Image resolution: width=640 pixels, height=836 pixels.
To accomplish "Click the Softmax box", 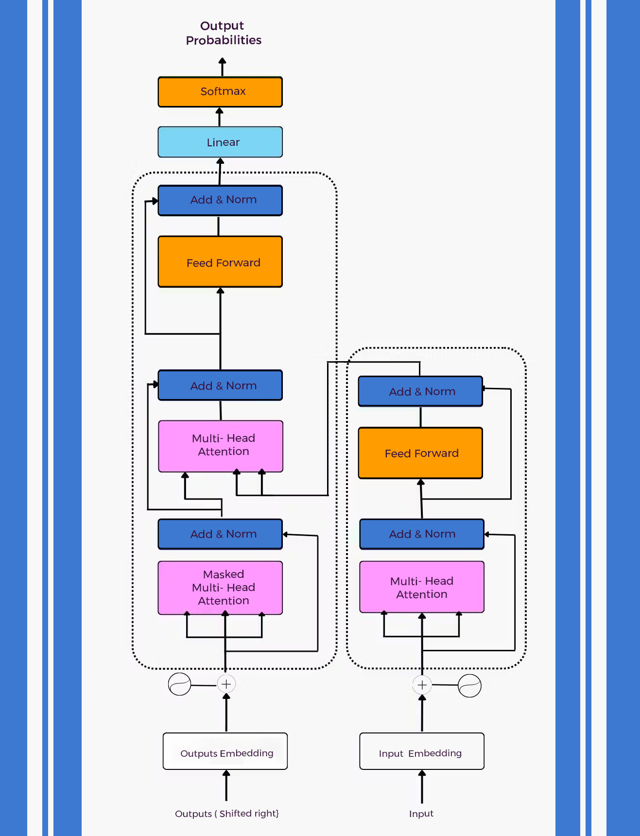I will (220, 91).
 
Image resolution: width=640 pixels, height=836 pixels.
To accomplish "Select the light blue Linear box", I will (220, 142).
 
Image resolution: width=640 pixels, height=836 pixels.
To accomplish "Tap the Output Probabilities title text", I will (223, 33).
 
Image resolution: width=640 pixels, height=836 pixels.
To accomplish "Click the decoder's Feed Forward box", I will (220, 262).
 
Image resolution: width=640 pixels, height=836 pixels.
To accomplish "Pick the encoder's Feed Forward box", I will (420, 453).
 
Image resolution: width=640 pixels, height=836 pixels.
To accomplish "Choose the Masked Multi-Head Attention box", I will (220, 588).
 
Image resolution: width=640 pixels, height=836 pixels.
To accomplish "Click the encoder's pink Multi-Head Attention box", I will (421, 587).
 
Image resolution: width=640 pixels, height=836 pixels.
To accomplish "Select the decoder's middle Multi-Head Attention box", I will (221, 445).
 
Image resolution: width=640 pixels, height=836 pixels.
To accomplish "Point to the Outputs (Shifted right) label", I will (226, 814).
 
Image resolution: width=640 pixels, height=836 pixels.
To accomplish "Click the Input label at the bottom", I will (421, 814).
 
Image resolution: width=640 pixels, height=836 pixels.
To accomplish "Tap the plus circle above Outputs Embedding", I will (226, 684).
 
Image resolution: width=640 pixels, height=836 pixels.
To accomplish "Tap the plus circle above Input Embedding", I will (422, 685).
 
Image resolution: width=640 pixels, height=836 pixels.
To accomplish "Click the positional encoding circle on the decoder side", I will (179, 684).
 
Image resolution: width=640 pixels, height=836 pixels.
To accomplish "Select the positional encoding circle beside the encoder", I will (469, 686).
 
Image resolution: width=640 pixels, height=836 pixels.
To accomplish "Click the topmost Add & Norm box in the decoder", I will (220, 200).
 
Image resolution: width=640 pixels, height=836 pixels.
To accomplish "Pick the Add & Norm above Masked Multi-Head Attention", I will (220, 534).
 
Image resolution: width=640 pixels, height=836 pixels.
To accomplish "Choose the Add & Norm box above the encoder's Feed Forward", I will (420, 391).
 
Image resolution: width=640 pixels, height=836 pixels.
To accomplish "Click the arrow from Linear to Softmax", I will (220, 117).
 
